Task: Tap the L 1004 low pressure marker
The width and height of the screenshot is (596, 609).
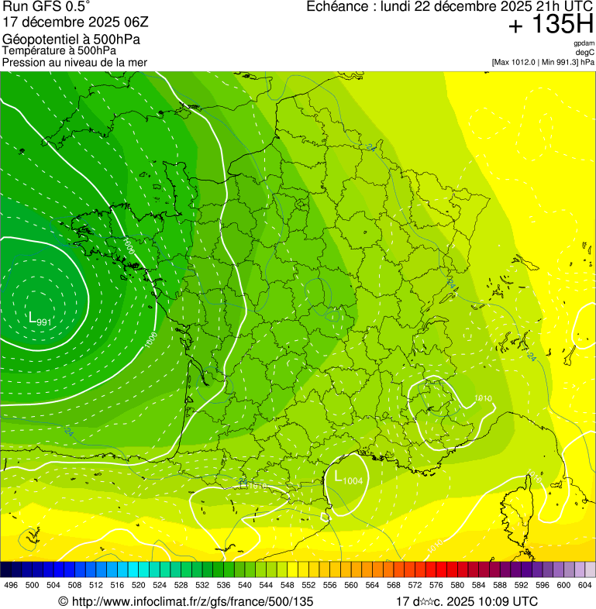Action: (x=348, y=479)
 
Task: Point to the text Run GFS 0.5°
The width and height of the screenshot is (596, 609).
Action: (x=47, y=7)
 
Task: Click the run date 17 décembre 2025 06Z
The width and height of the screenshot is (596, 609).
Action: (x=71, y=22)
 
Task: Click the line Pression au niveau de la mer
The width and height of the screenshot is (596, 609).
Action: (x=74, y=62)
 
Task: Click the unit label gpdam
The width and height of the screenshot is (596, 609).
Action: (x=584, y=43)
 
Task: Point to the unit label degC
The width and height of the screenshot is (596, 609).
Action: (x=585, y=52)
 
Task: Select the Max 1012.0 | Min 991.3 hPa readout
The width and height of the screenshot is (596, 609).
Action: (x=543, y=61)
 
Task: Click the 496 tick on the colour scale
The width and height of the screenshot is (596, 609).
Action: (x=11, y=585)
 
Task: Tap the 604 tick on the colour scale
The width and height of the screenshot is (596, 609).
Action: (x=584, y=585)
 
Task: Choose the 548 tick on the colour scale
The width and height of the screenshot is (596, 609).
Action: (x=287, y=585)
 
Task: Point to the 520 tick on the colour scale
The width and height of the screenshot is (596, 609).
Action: (x=138, y=585)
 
